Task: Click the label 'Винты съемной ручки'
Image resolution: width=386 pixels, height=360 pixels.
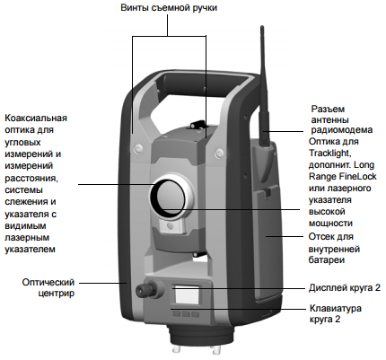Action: pos(169,7)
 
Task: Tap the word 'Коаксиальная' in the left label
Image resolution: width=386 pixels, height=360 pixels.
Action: pos(36,118)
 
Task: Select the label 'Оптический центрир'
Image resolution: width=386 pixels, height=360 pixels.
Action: pos(48,287)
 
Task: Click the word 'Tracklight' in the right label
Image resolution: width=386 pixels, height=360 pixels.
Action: pos(329,154)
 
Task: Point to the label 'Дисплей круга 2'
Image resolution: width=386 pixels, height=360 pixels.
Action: pos(345,288)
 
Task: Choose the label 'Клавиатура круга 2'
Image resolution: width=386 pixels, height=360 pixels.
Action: pos(336,313)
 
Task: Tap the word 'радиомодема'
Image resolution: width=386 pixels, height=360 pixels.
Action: pos(342,130)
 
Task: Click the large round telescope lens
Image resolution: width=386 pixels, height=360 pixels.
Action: pos(168,196)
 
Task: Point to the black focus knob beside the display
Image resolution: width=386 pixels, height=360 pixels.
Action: pos(146,289)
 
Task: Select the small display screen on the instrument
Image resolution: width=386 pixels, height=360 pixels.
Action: pos(187,294)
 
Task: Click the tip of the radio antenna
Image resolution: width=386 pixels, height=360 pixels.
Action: pos(262,27)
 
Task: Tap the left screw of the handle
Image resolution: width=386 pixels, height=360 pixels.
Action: pos(137,146)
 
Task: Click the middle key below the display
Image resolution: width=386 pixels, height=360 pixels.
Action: pos(186,314)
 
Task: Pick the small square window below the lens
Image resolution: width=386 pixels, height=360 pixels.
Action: pos(171,226)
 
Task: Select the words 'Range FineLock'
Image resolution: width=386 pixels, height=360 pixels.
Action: pos(343,177)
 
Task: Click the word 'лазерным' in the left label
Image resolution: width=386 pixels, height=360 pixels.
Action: pos(27,238)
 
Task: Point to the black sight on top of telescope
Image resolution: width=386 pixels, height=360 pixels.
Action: pos(197,124)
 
